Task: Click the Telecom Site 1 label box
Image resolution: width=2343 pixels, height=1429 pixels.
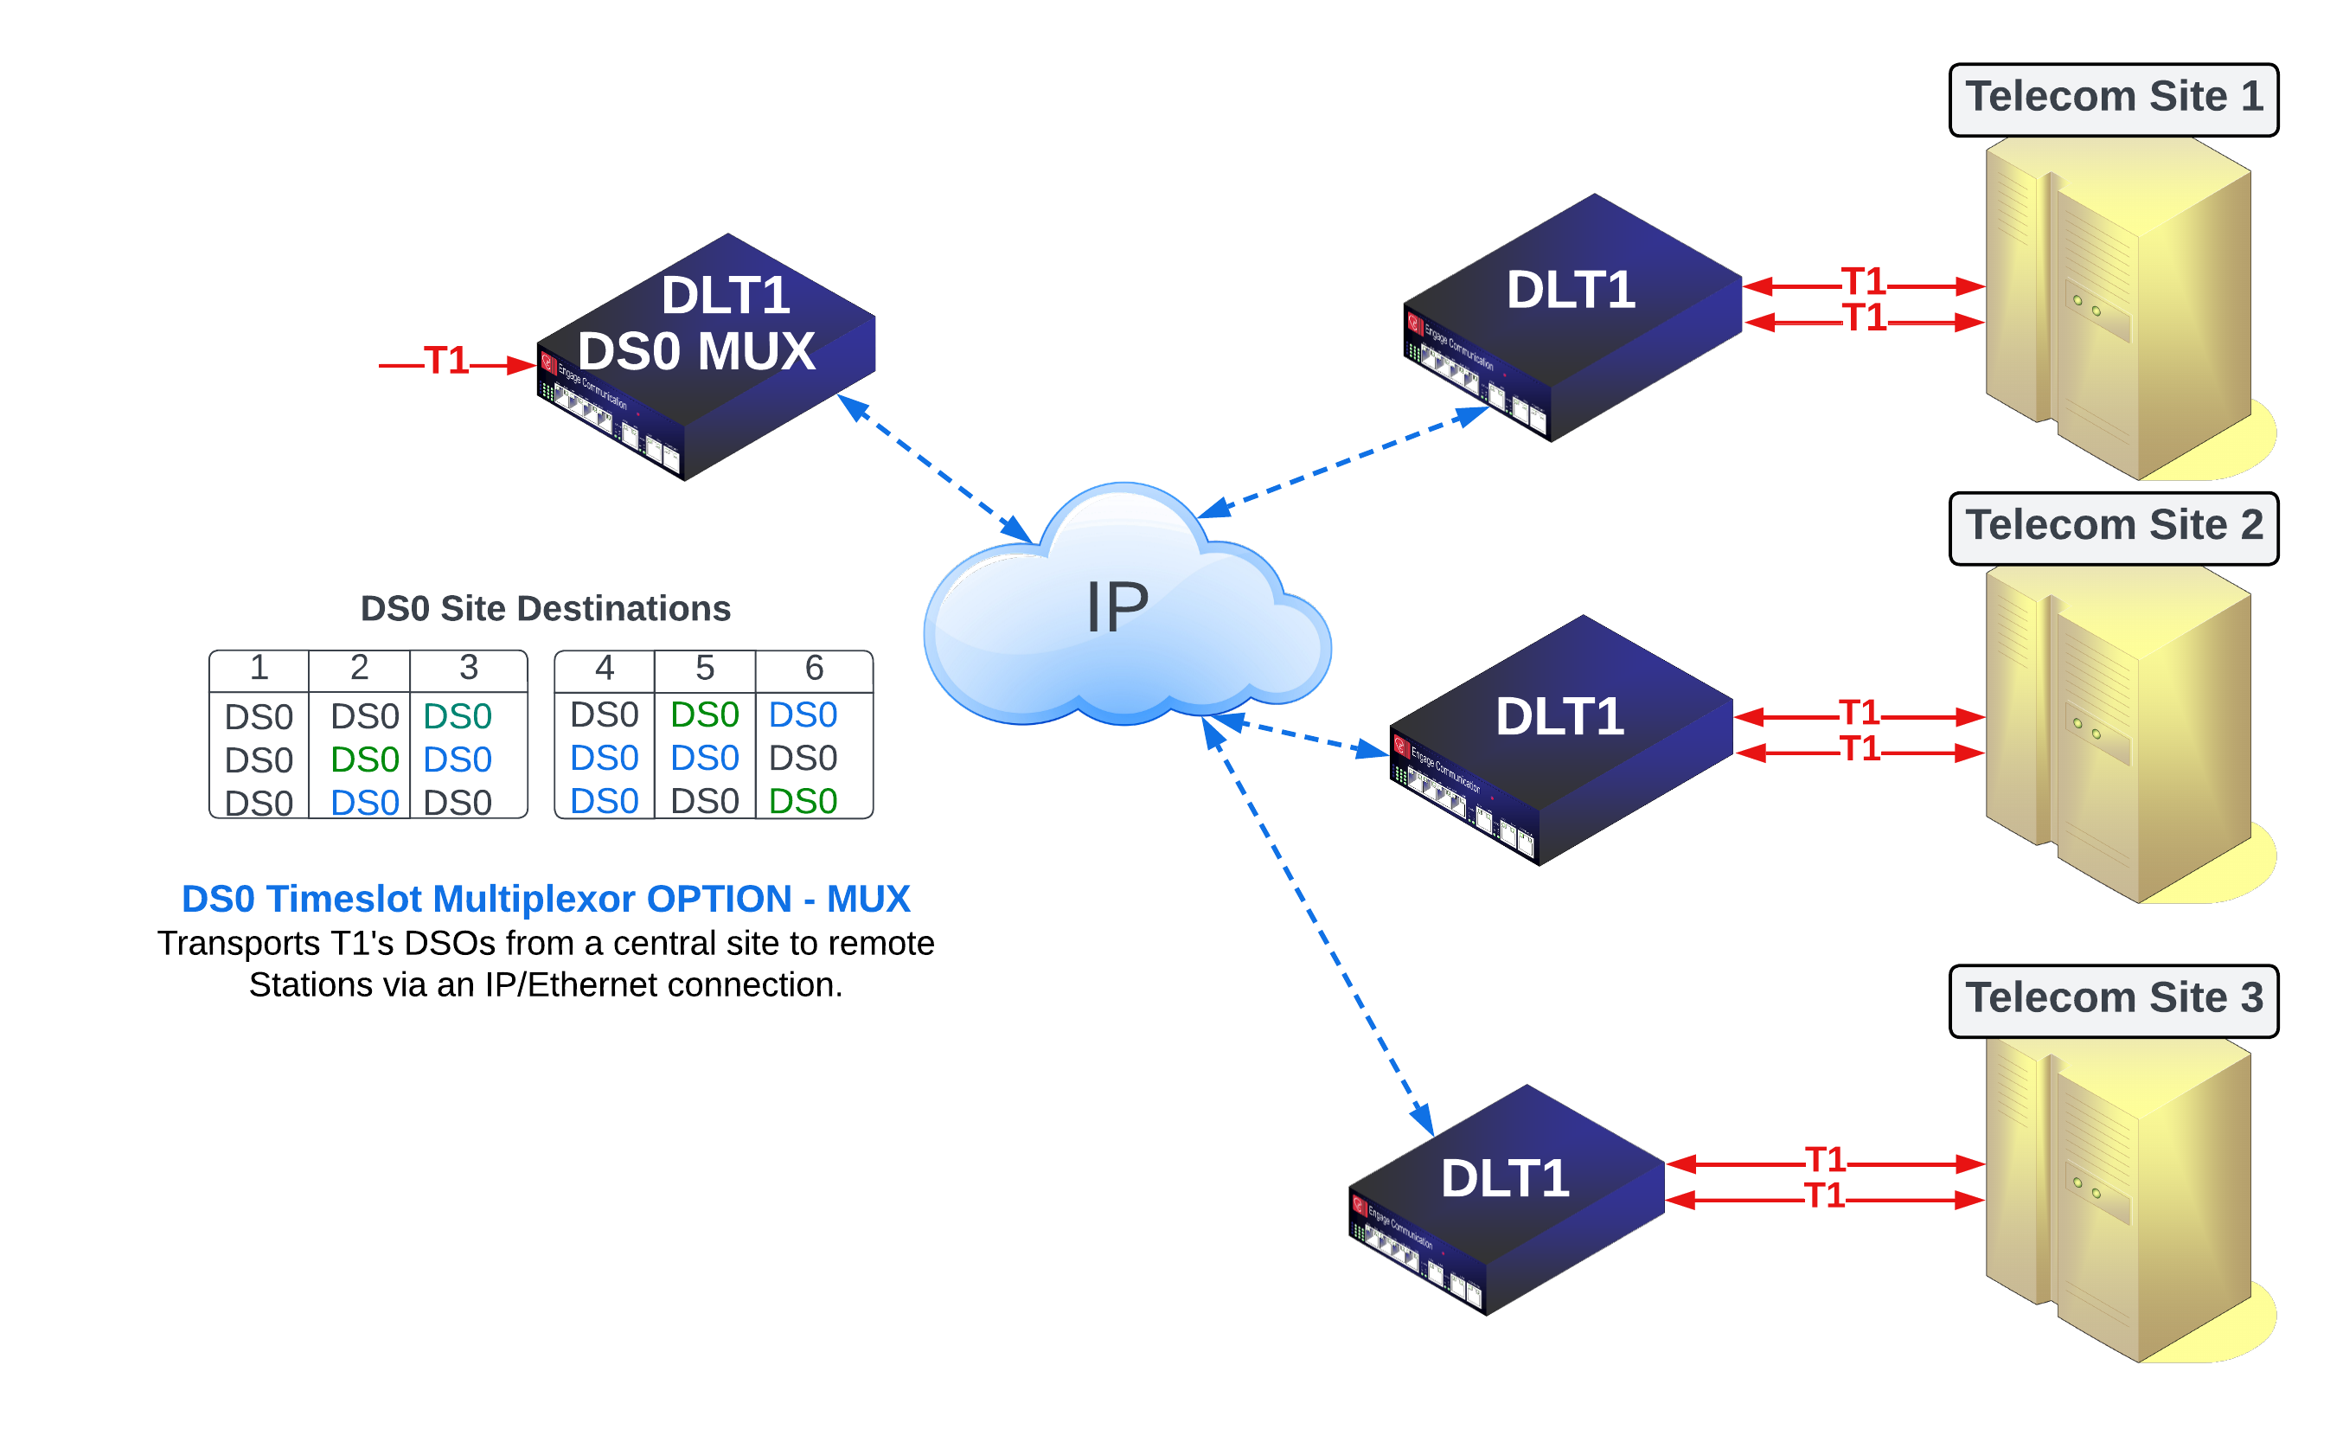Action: (x=2113, y=99)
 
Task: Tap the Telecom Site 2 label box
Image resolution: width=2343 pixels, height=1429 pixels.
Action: (x=2113, y=528)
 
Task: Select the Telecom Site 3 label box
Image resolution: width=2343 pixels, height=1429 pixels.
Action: (x=2113, y=1000)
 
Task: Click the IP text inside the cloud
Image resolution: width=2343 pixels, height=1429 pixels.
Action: (x=1117, y=607)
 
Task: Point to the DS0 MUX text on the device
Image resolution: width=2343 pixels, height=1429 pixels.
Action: (x=696, y=351)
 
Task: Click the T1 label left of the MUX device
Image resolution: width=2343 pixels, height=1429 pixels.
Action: (x=446, y=362)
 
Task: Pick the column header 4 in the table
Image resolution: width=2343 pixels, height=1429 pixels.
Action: (x=604, y=669)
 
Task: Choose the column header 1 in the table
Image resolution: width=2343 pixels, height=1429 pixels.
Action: (x=259, y=669)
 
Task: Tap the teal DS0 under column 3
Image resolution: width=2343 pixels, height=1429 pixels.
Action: (x=458, y=717)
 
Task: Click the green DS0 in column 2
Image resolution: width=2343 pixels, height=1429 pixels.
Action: (x=364, y=759)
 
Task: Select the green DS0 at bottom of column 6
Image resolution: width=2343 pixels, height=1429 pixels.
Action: (x=803, y=802)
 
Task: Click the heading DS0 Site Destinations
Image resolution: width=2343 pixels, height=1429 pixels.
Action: (x=545, y=608)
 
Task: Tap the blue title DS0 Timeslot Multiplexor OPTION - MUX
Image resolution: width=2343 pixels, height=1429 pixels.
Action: (x=545, y=899)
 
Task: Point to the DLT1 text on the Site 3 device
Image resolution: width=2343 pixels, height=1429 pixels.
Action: (x=1504, y=1179)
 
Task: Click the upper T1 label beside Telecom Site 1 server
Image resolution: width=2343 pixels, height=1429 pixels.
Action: (x=1862, y=281)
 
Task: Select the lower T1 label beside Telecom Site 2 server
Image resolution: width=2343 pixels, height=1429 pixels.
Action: (x=1859, y=749)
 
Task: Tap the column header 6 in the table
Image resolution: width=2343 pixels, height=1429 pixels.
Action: (x=814, y=669)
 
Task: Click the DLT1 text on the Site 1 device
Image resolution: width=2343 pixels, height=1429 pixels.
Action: (x=1571, y=290)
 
